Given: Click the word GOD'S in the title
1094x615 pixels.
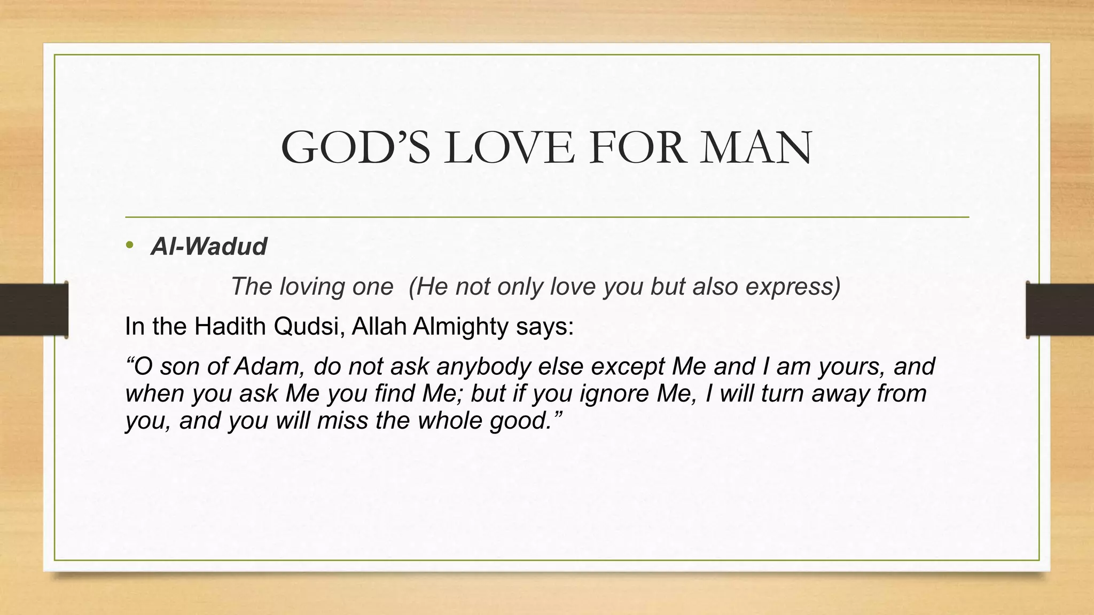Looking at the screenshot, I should [355, 147].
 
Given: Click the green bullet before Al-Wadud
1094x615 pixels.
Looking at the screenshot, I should [129, 246].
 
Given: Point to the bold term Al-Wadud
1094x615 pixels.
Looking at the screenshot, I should [209, 246].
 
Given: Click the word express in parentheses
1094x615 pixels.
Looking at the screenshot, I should [792, 287].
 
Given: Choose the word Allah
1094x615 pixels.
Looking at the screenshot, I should [380, 326].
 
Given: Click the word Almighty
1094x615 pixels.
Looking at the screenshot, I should [460, 326].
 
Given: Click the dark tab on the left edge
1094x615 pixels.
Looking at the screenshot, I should [34, 310].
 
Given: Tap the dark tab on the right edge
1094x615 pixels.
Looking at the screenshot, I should [1060, 310].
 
